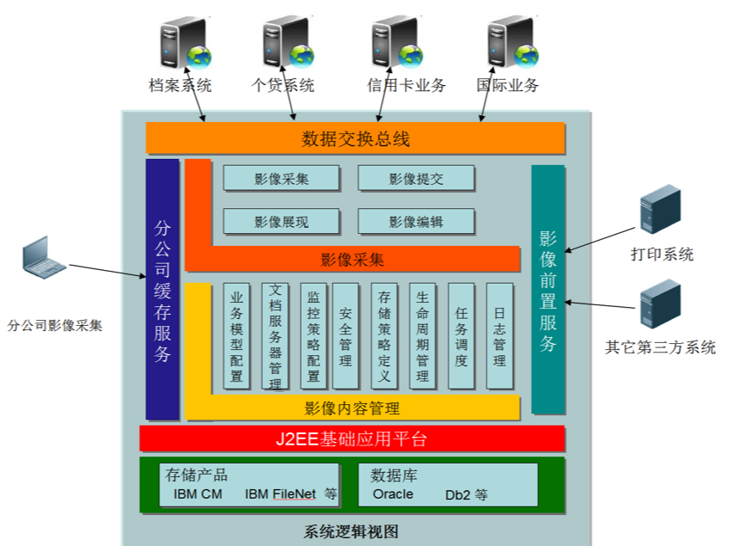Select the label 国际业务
point(508,85)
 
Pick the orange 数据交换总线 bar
point(355,138)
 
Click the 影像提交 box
point(416,179)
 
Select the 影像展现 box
point(281,222)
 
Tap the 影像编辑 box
point(416,222)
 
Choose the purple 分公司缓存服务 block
point(162,290)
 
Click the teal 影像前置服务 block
point(548,290)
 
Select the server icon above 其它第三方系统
point(660,307)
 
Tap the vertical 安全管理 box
point(346,336)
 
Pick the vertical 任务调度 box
point(462,336)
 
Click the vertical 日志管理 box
point(499,336)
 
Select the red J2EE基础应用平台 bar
point(352,439)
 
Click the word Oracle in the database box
point(393,494)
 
